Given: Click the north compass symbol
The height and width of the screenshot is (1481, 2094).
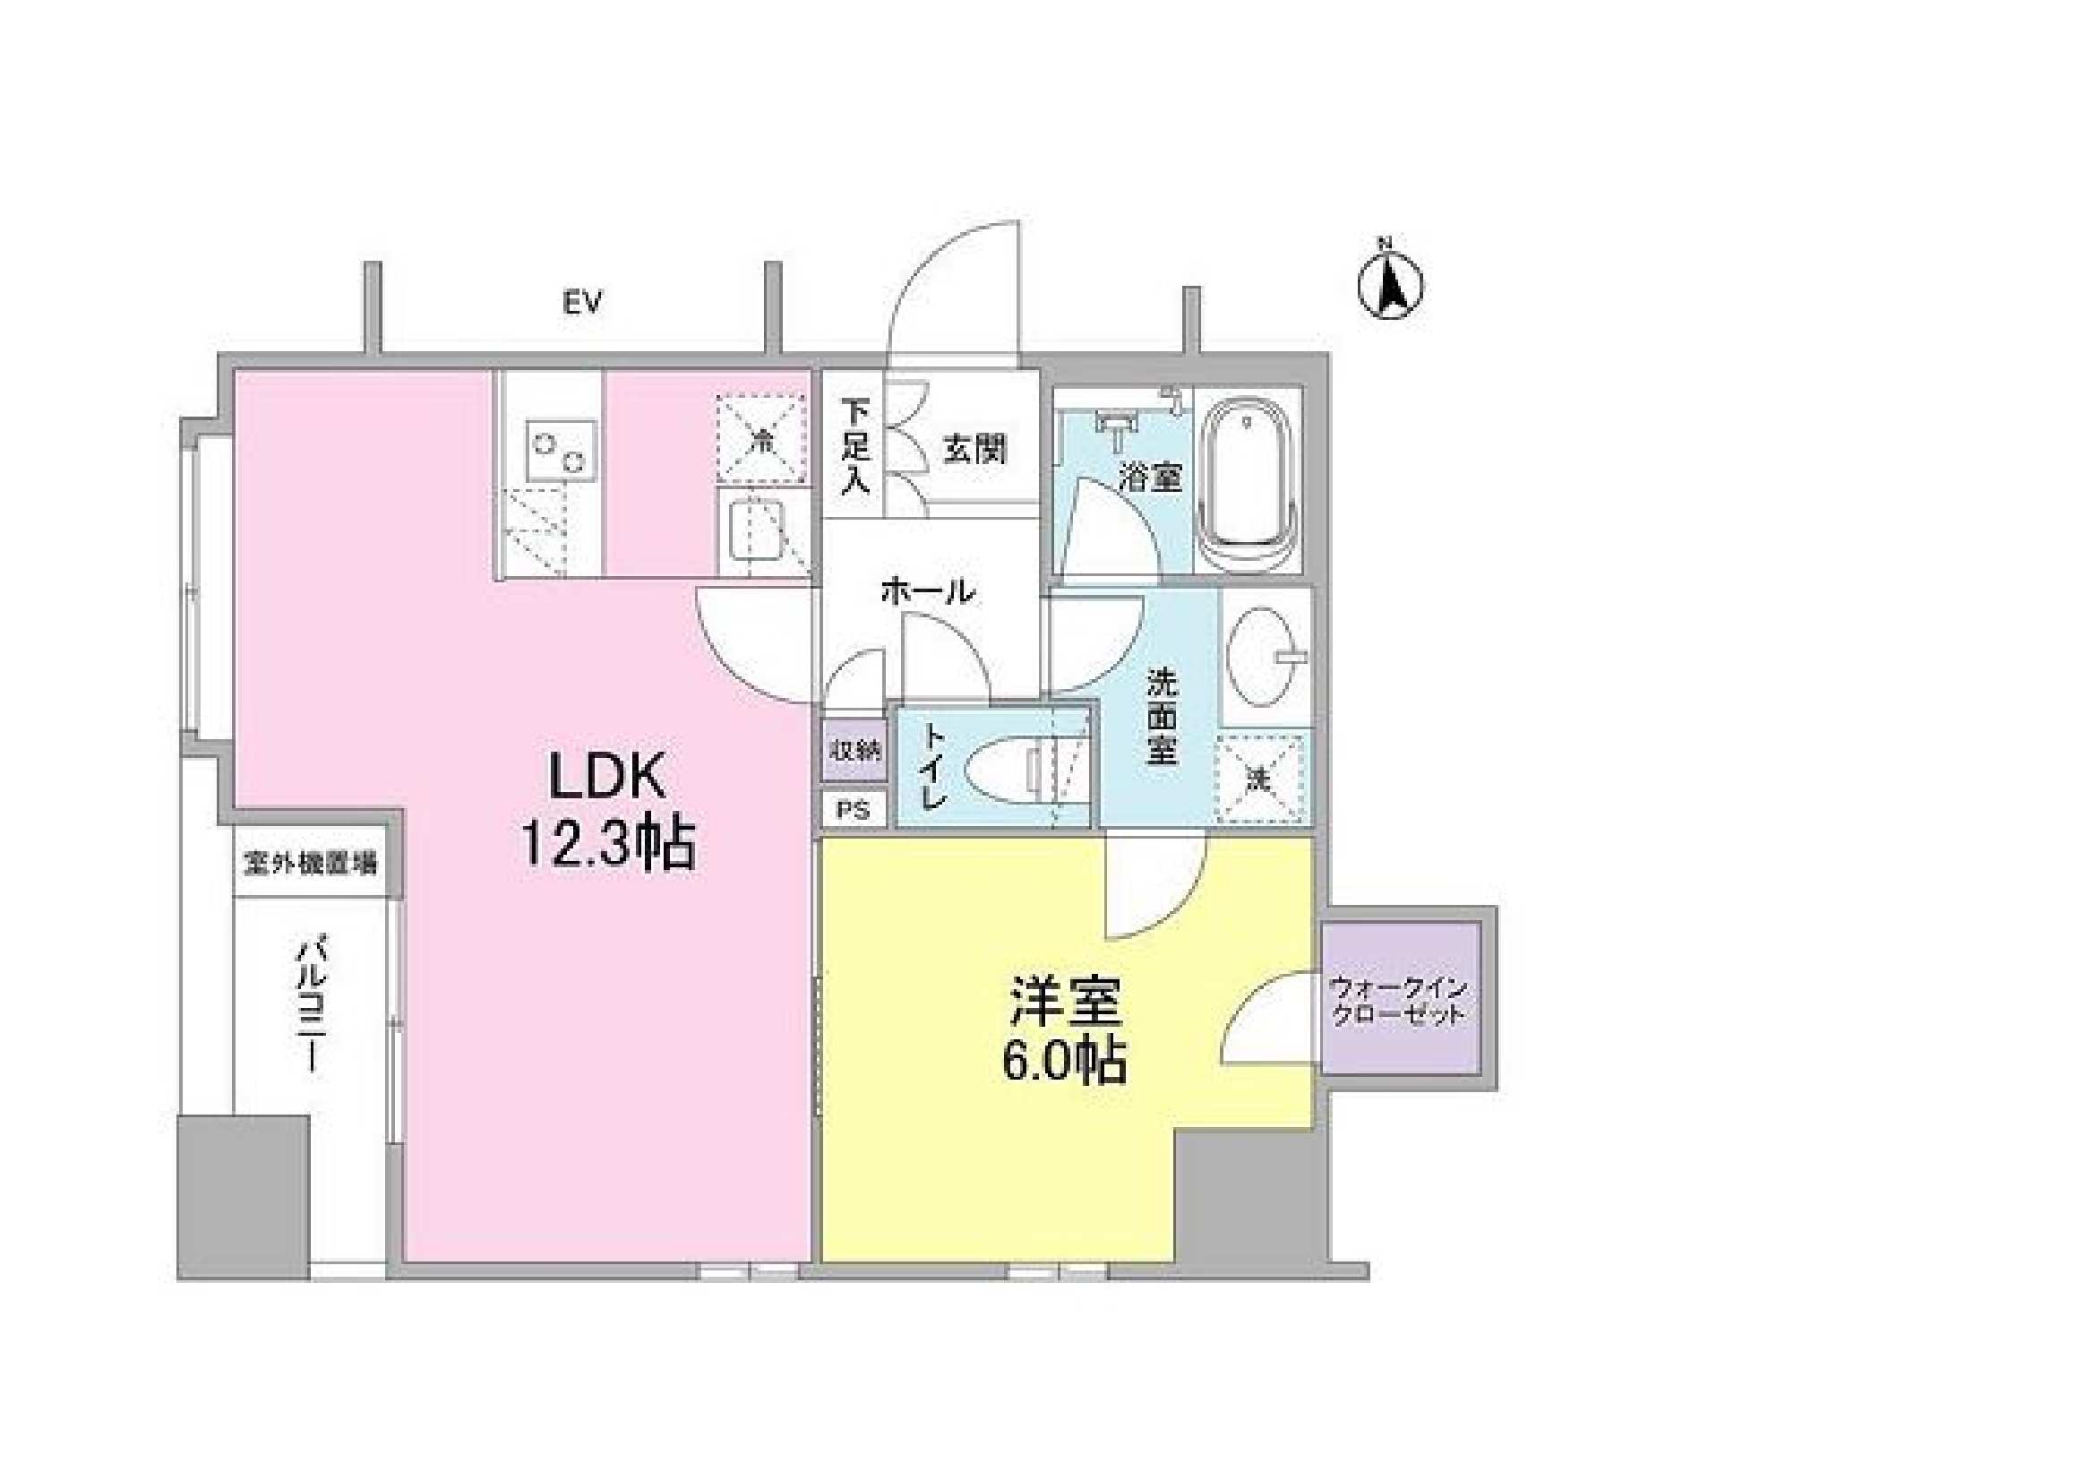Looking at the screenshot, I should point(1390,286).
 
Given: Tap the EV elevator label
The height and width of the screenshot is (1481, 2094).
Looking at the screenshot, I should point(583,303).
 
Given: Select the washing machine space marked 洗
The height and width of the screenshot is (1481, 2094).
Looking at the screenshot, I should point(1261,779).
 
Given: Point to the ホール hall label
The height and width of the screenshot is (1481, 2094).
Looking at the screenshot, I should point(929,592).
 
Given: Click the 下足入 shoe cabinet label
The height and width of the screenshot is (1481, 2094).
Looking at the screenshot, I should point(854,447).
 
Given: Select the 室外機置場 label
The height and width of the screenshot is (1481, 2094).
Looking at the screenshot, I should point(310,862).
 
